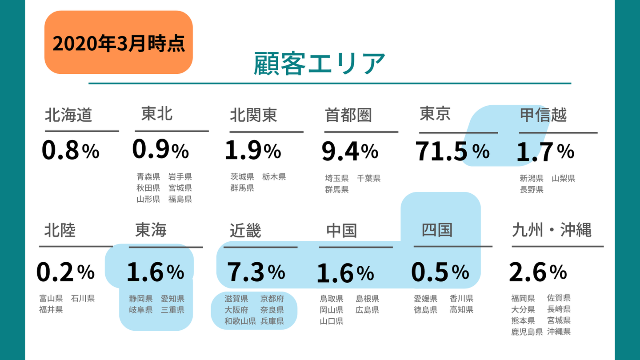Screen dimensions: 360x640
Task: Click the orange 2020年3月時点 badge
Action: (118, 43)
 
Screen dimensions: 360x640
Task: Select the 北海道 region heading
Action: (68, 115)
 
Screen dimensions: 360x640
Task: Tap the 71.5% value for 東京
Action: (452, 151)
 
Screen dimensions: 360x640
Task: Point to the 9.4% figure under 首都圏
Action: (350, 151)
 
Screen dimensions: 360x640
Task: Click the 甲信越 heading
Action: (543, 115)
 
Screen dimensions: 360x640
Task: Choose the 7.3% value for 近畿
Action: (256, 272)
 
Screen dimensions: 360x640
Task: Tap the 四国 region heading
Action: (437, 230)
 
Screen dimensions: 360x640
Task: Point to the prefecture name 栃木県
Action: (274, 177)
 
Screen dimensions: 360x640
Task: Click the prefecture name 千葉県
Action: (368, 179)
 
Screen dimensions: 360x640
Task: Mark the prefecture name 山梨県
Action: (564, 179)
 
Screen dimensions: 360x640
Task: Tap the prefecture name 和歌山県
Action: (240, 321)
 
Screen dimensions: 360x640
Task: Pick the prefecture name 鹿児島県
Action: (527, 332)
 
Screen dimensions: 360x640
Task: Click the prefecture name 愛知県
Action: (172, 299)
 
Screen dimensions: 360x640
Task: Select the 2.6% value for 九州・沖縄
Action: (538, 272)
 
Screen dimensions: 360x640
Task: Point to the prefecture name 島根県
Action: (367, 299)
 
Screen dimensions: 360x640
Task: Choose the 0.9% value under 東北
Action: (160, 150)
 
